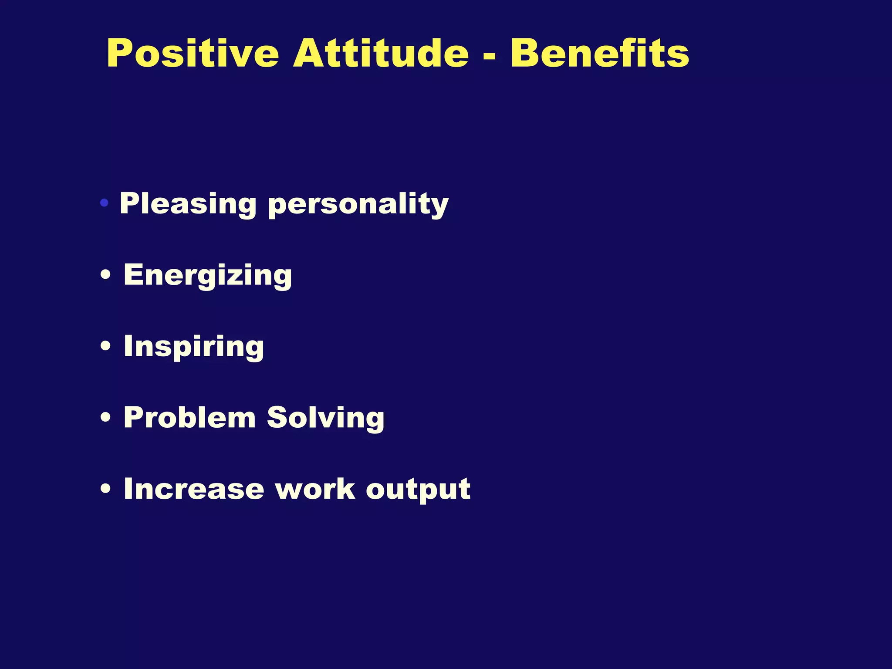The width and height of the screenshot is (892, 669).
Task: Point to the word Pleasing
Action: point(188,204)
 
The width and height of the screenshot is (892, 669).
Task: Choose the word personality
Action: point(358,205)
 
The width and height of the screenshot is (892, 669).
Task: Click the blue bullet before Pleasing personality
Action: point(104,203)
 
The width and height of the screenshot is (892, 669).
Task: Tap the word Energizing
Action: point(208,275)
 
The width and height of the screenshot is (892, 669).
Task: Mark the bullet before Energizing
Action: point(105,276)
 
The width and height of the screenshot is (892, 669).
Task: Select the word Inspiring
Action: point(194,347)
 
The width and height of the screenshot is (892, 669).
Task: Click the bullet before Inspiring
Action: point(105,347)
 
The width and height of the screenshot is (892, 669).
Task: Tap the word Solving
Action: point(325,418)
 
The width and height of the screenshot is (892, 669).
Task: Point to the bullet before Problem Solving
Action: point(105,418)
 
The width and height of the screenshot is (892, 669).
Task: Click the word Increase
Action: point(194,489)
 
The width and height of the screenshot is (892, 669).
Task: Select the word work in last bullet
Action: point(315,489)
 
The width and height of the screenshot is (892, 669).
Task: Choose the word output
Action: point(418,490)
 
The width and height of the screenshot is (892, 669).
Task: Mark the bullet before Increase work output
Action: point(105,489)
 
